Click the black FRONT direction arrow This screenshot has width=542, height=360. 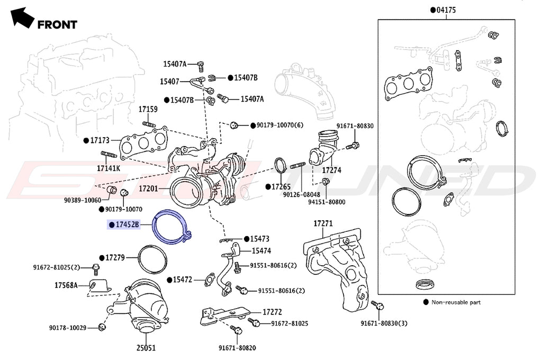pos(21,17)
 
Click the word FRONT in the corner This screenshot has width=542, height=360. pos(57,24)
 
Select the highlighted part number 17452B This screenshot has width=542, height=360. pos(127,225)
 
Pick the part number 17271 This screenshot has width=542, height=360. pos(323,223)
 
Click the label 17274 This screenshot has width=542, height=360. pos(332,170)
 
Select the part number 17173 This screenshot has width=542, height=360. pos(99,140)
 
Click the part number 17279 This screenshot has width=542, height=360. pos(114,258)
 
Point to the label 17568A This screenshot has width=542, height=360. pos(66,285)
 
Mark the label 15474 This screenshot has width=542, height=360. pos(261,251)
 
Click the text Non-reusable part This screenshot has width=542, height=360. pos(457,302)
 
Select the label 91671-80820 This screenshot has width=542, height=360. pos(237,348)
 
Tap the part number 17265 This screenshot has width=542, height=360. pos(281,187)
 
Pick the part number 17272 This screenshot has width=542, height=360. pos(273,312)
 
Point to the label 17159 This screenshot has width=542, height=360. pos(148,109)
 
